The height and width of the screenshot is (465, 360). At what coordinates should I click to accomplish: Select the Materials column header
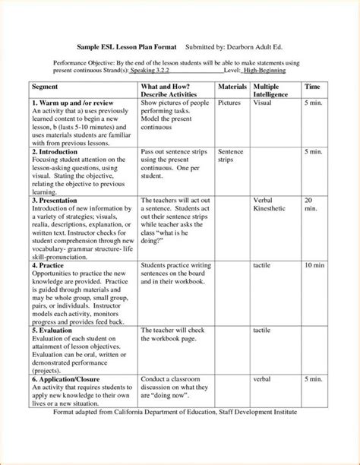click(x=233, y=87)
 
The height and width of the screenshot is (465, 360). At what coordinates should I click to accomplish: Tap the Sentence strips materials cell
click(x=231, y=156)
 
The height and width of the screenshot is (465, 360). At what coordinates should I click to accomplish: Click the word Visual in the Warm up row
click(x=263, y=102)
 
